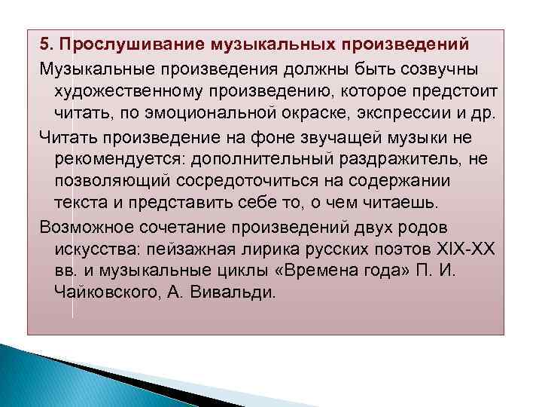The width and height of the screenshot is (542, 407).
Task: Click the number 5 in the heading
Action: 45,39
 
